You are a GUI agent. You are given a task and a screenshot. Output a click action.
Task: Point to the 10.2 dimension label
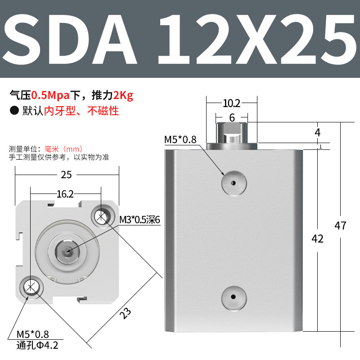(231, 103)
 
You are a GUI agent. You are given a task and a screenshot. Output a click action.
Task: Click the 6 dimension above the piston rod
(232, 117)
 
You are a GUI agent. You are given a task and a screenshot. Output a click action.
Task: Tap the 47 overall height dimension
(341, 225)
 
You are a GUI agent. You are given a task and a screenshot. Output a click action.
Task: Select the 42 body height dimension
(318, 238)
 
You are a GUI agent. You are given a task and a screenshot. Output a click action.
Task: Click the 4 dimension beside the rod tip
(318, 133)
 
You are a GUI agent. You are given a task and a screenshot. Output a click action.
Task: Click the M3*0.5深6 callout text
(139, 220)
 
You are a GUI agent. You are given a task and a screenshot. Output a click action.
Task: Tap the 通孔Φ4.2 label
(37, 346)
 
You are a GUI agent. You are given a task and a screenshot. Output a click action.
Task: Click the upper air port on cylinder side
(234, 183)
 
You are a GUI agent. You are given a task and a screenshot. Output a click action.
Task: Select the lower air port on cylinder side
(234, 297)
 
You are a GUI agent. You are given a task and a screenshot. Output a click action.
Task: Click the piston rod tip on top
(232, 132)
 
